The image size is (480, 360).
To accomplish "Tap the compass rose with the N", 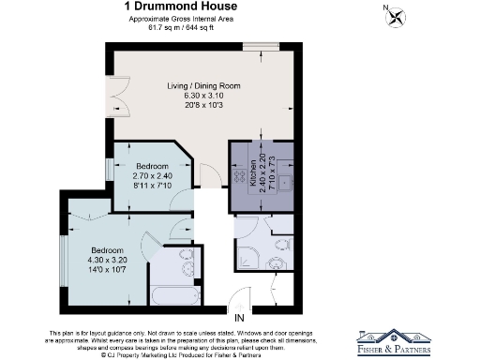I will [398, 16].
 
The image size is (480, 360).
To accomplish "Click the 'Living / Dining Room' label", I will [204, 86].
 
